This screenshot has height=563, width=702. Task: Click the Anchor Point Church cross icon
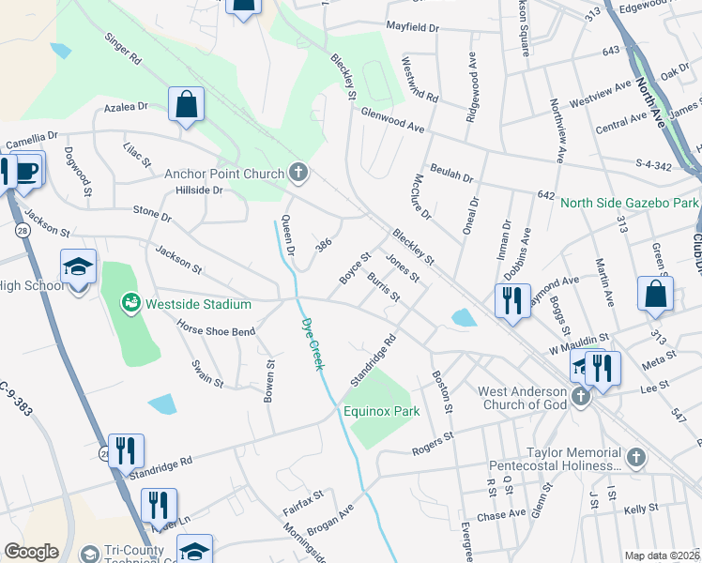point(298,172)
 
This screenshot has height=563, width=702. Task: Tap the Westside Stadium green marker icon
point(130,303)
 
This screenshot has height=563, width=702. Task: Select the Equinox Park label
point(380,411)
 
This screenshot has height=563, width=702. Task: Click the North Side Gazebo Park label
point(630,203)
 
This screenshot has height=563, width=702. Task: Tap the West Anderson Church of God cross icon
point(580,396)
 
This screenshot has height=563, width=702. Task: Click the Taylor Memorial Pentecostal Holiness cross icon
point(636,458)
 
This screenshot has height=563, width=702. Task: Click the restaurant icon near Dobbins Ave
point(512,301)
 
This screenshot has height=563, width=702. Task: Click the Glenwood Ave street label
point(393,120)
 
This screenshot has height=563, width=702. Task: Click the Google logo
point(32,552)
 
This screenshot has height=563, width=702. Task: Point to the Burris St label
point(384,288)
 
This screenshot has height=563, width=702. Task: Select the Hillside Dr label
point(198,190)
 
